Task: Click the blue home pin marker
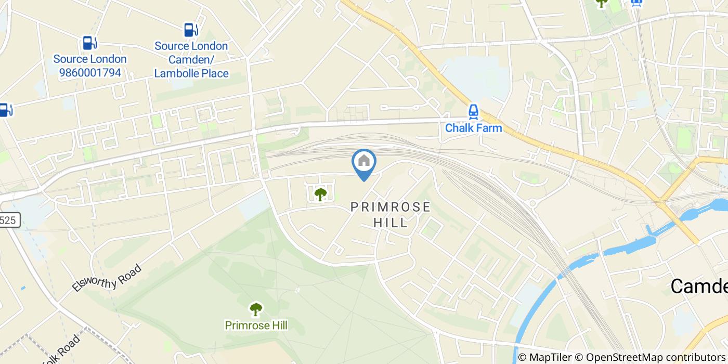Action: coord(364,163)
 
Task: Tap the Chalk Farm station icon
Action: coord(473,111)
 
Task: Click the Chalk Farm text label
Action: coord(474,127)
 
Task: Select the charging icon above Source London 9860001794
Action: coord(89,43)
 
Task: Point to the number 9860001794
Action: coord(89,73)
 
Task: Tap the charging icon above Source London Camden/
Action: coord(190,30)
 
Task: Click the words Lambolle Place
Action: coord(191,73)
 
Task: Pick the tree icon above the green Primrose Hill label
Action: coord(255,309)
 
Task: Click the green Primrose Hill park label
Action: coord(256,326)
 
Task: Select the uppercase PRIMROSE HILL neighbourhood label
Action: coord(391,214)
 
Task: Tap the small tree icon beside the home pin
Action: coord(320,194)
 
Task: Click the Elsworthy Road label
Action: coord(107,278)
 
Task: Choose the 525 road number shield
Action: coord(9,220)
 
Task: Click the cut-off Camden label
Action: coord(699,286)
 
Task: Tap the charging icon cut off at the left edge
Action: coord(5,110)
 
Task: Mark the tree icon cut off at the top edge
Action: coord(602,3)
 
